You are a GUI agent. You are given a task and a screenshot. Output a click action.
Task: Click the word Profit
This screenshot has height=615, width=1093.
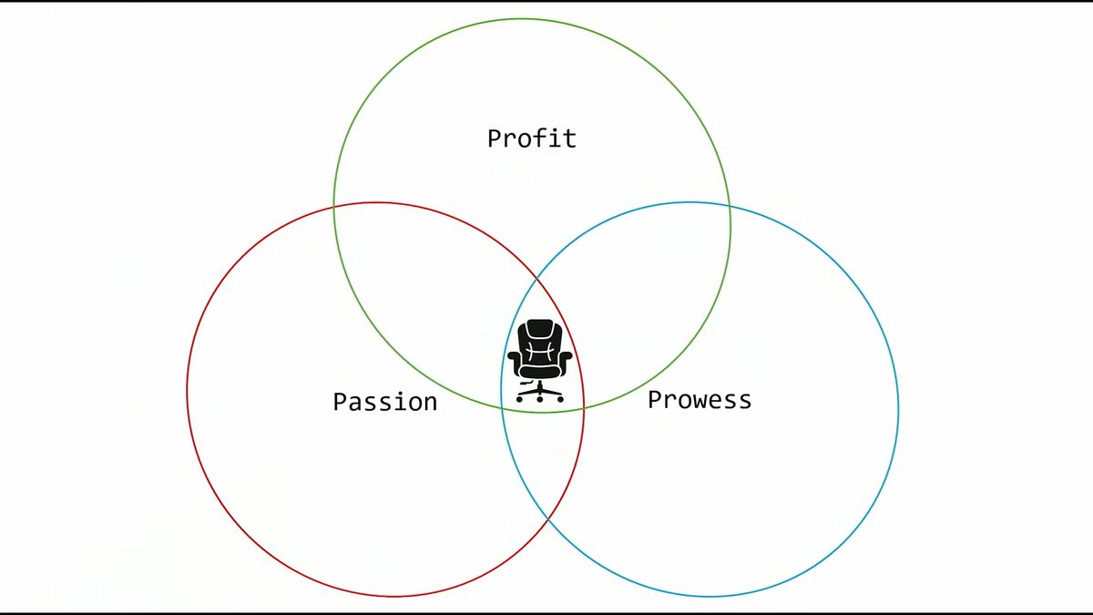(532, 138)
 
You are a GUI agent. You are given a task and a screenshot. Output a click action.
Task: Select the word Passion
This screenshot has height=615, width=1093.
(385, 402)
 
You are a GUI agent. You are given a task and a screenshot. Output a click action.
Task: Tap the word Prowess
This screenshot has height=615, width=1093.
(700, 400)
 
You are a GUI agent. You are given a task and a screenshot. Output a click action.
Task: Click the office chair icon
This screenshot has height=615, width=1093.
(539, 361)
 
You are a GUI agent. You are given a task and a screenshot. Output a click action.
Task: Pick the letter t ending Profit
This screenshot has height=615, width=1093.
(570, 138)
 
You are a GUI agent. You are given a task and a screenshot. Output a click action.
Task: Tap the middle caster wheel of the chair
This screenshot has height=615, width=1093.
(539, 399)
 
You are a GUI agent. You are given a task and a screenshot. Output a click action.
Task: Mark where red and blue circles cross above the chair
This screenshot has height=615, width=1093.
(537, 279)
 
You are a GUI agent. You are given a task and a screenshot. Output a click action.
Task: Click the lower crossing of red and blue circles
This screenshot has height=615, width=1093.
(548, 518)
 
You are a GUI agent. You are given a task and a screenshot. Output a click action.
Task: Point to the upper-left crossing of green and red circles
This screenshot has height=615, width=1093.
(334, 208)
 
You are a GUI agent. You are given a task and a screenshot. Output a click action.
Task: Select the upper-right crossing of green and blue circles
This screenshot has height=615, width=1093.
(730, 207)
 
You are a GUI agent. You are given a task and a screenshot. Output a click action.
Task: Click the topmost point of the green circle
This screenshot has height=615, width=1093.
(522, 19)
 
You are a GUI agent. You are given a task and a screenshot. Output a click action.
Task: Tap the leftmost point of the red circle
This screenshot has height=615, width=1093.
(188, 391)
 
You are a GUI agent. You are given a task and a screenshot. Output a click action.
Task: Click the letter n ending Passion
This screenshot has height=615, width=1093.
(430, 405)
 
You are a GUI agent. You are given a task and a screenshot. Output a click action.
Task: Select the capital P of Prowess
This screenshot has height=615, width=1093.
(655, 399)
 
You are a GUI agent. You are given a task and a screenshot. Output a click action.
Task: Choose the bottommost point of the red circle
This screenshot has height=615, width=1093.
(394, 596)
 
